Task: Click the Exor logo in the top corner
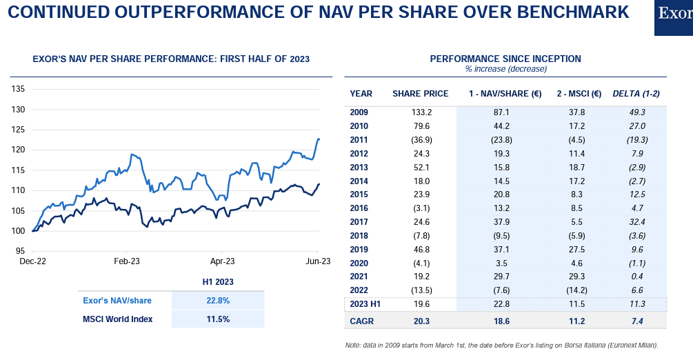coord(674,15)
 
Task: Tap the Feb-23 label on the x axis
coord(127,261)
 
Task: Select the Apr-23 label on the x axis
coord(222,261)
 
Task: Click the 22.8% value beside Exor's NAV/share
coord(217,301)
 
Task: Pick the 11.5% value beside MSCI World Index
coord(217,319)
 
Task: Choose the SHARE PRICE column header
coord(420,94)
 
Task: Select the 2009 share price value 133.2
coord(420,112)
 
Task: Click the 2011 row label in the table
coord(359,139)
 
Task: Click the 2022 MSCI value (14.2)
coord(578,290)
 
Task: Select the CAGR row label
coord(362,320)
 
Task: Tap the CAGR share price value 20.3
coord(420,320)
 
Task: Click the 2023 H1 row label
coord(365,303)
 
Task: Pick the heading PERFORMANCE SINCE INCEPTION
coord(505,59)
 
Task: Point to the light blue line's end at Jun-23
coord(319,139)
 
